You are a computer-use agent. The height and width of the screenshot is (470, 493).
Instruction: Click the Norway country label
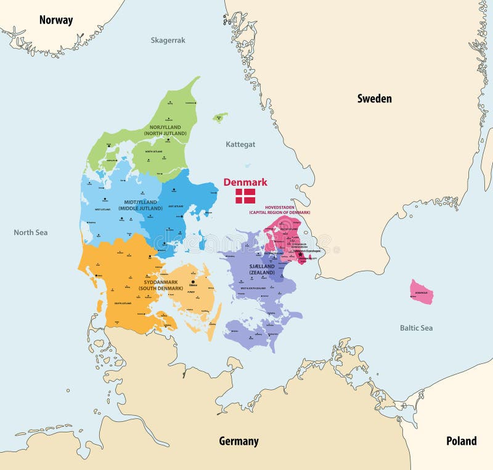pos(56,20)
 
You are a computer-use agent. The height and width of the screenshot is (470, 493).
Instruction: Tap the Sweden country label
pos(374,98)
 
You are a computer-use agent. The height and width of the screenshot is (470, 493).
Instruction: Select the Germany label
pos(238,441)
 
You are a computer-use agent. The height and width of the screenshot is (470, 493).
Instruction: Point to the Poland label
pos(462,440)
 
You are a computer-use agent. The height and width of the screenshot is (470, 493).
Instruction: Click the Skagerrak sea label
pos(168,40)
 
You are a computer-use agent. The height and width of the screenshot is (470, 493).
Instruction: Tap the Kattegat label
pos(240,144)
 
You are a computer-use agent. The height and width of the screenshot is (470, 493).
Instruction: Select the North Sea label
pos(30,233)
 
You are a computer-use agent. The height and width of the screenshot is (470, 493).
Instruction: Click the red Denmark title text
pos(245,182)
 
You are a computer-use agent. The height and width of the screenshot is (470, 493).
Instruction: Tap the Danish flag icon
pos(246,197)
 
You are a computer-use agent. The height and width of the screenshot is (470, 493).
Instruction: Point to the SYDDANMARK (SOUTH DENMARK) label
pos(160,285)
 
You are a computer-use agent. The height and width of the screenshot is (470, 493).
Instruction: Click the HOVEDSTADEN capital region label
pos(279,210)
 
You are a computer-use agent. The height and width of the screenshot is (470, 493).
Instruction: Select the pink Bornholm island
pos(422,291)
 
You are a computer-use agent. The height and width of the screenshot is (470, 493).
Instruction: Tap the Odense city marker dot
pos(193,281)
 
